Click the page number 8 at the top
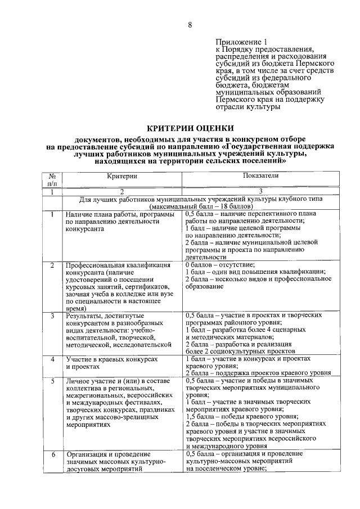click(x=190, y=25)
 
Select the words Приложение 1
click(x=240, y=43)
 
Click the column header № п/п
click(x=52, y=179)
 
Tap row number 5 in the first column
click(x=52, y=381)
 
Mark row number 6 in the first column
click(x=52, y=454)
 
